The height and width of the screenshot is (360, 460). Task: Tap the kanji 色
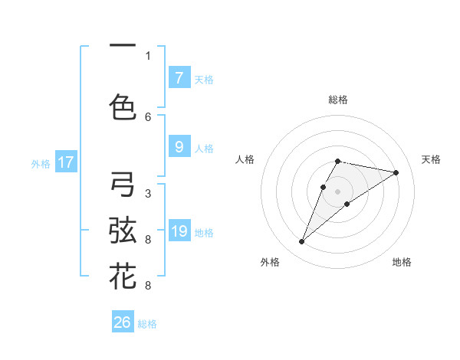point(123,107)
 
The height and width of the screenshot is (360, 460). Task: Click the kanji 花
point(123,276)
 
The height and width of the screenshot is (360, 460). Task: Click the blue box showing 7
point(179,77)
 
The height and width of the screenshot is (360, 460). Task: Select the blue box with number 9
point(179,147)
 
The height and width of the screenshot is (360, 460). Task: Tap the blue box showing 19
point(179,231)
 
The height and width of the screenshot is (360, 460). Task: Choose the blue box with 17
point(65,162)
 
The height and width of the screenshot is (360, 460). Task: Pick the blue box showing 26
point(123,322)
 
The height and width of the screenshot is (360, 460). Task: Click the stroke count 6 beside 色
point(148,116)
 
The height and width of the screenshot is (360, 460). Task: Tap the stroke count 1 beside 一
point(148,55)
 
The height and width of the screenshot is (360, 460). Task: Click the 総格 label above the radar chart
point(338,100)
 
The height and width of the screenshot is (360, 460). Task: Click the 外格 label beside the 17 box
point(41,163)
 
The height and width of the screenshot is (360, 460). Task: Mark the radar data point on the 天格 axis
point(396,172)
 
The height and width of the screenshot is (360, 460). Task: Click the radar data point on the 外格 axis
point(302,242)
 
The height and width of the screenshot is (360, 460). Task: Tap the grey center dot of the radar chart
point(337,190)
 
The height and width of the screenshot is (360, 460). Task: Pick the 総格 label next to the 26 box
point(147,324)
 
